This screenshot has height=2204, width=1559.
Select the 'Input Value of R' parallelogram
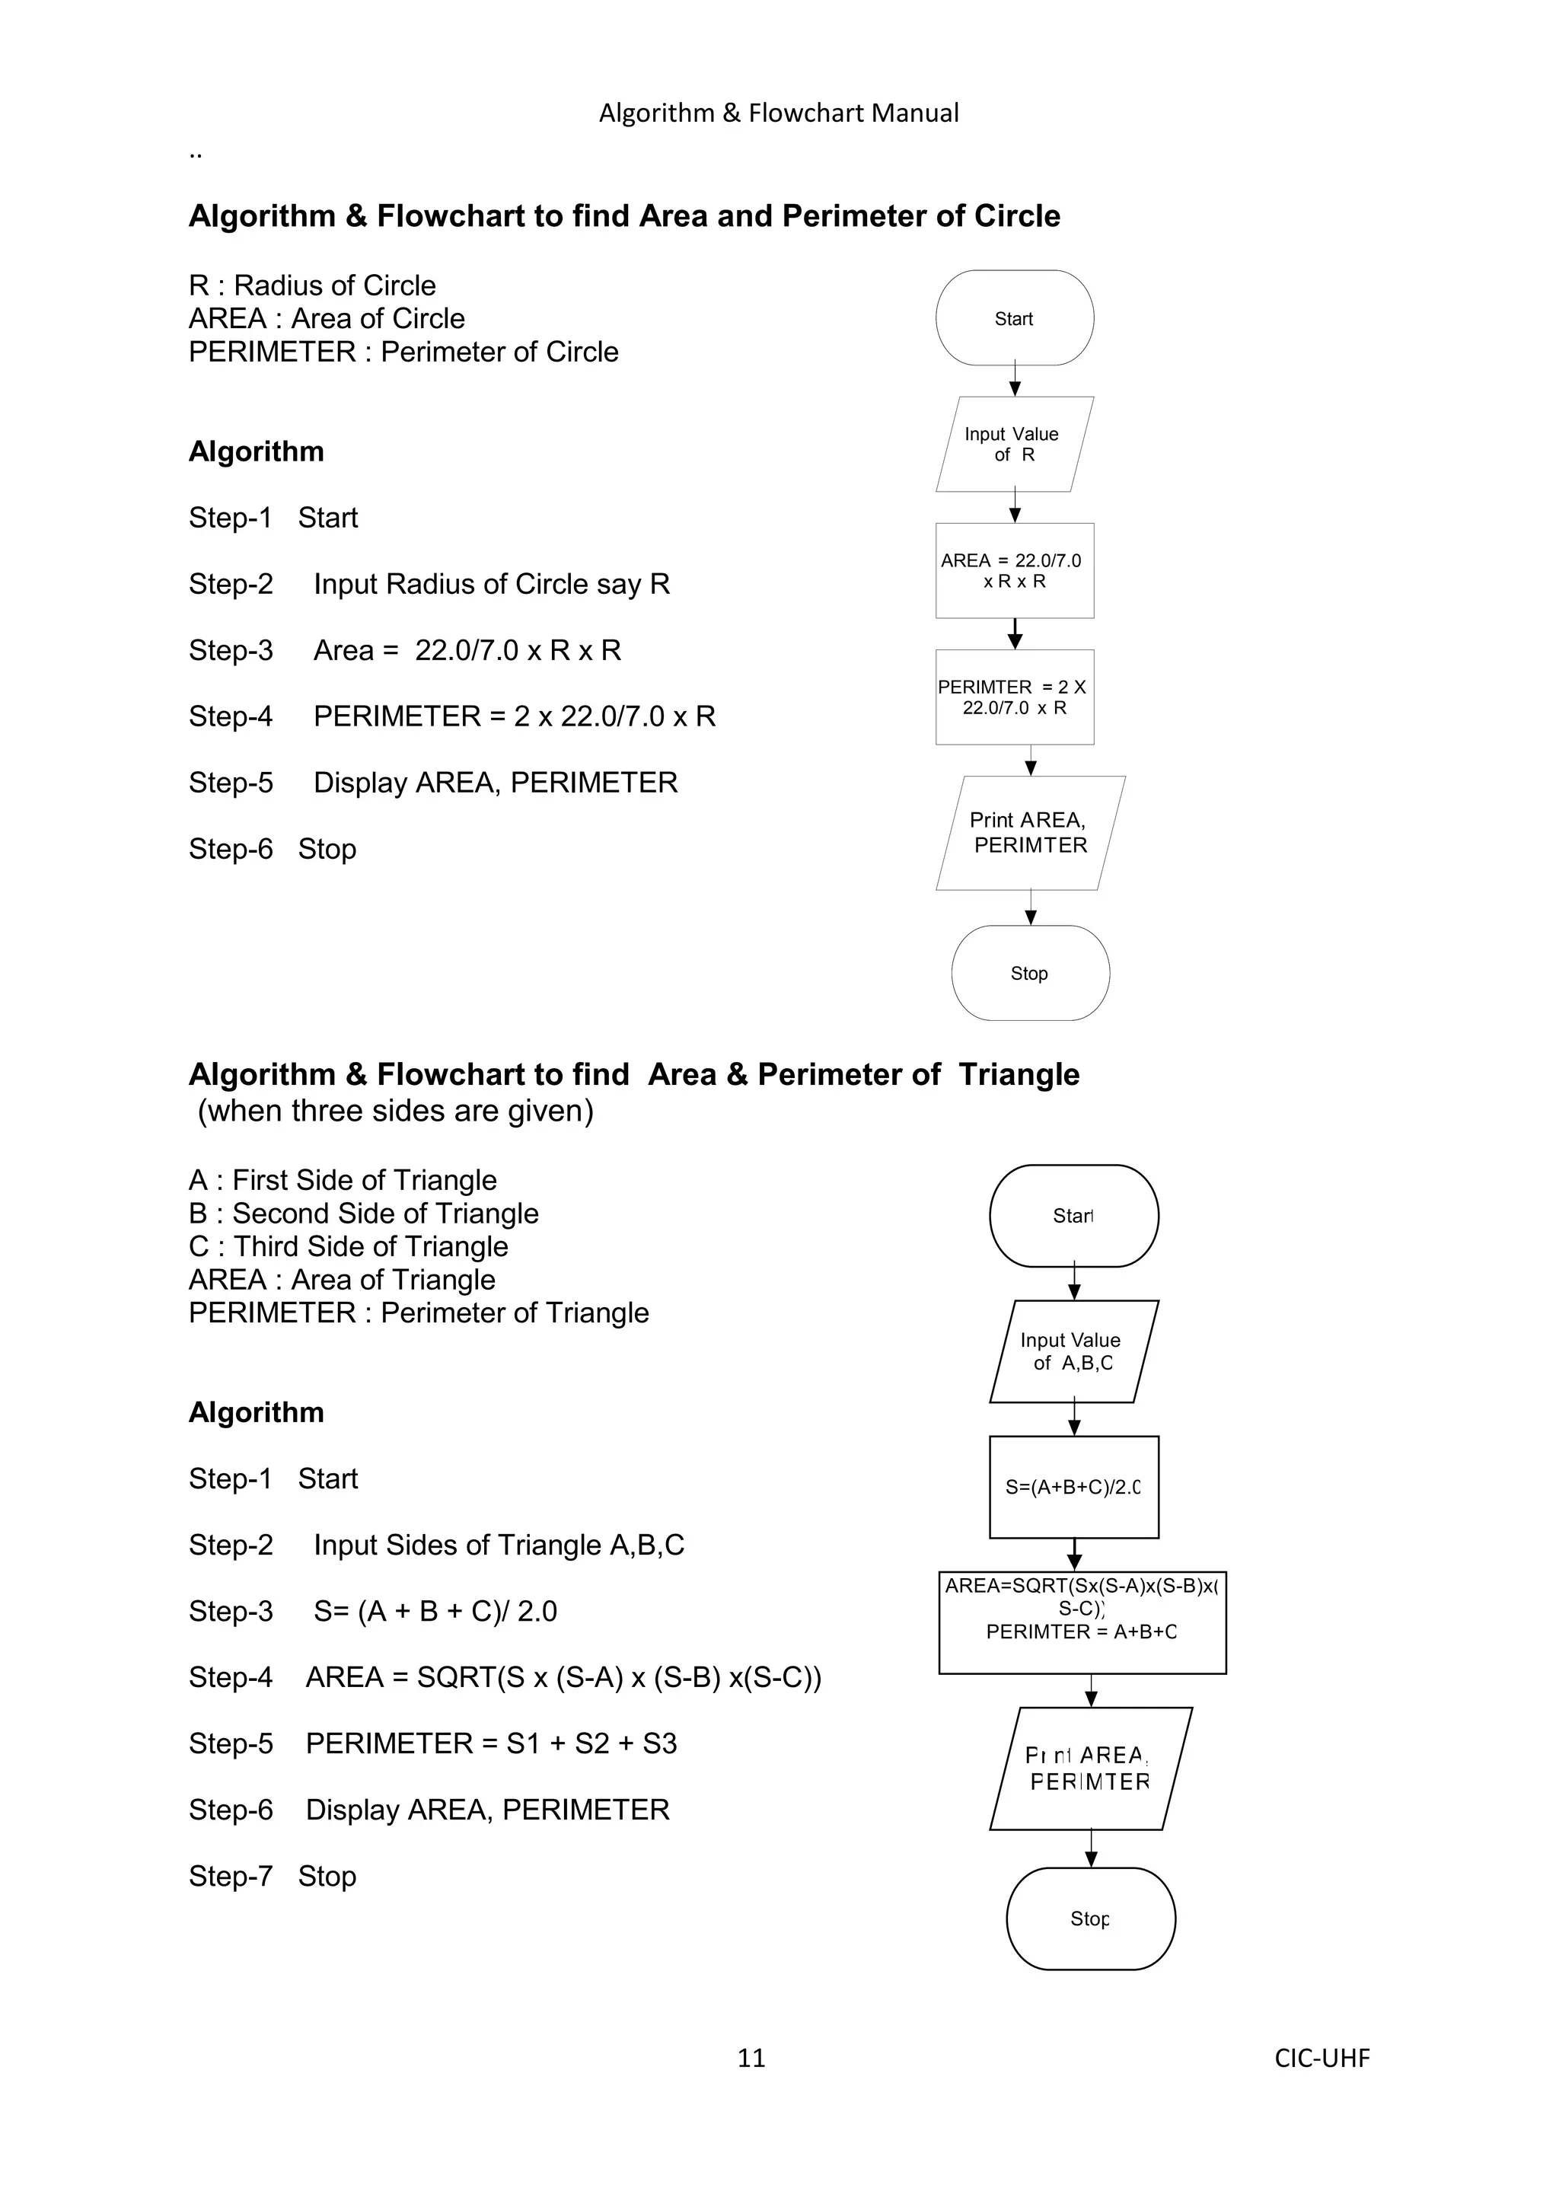click(1014, 444)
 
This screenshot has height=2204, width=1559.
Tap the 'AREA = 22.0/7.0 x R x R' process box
click(1014, 570)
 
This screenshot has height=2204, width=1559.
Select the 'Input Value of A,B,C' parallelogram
click(1073, 1351)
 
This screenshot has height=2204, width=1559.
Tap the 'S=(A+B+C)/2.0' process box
click(1073, 1487)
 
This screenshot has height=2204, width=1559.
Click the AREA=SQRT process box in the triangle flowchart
click(1082, 1622)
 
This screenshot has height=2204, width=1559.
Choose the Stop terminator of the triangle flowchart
click(1091, 1918)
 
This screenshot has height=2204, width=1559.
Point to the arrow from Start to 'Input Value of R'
click(1015, 380)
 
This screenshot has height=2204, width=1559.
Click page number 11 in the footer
click(751, 2057)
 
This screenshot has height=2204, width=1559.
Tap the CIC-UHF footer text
click(1322, 2057)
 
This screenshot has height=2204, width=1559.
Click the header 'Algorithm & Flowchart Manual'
click(779, 113)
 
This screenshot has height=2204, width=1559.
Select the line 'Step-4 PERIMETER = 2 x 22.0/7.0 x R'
click(452, 716)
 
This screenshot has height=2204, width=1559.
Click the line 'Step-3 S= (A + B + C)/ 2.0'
click(372, 1611)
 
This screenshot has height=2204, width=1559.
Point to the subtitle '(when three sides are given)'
click(396, 1111)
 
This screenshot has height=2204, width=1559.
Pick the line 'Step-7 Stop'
click(273, 1876)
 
